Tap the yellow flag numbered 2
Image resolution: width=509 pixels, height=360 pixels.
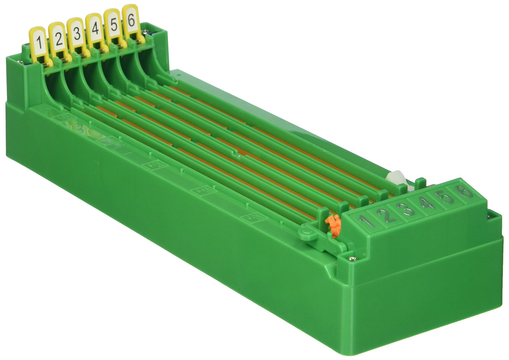click(58, 38)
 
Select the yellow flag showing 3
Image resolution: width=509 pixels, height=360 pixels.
click(77, 33)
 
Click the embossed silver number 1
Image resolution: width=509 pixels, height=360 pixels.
click(367, 221)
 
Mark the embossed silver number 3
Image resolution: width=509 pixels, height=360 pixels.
click(408, 209)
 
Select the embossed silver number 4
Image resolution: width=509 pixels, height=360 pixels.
click(428, 203)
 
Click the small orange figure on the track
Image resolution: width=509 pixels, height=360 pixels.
click(333, 224)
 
